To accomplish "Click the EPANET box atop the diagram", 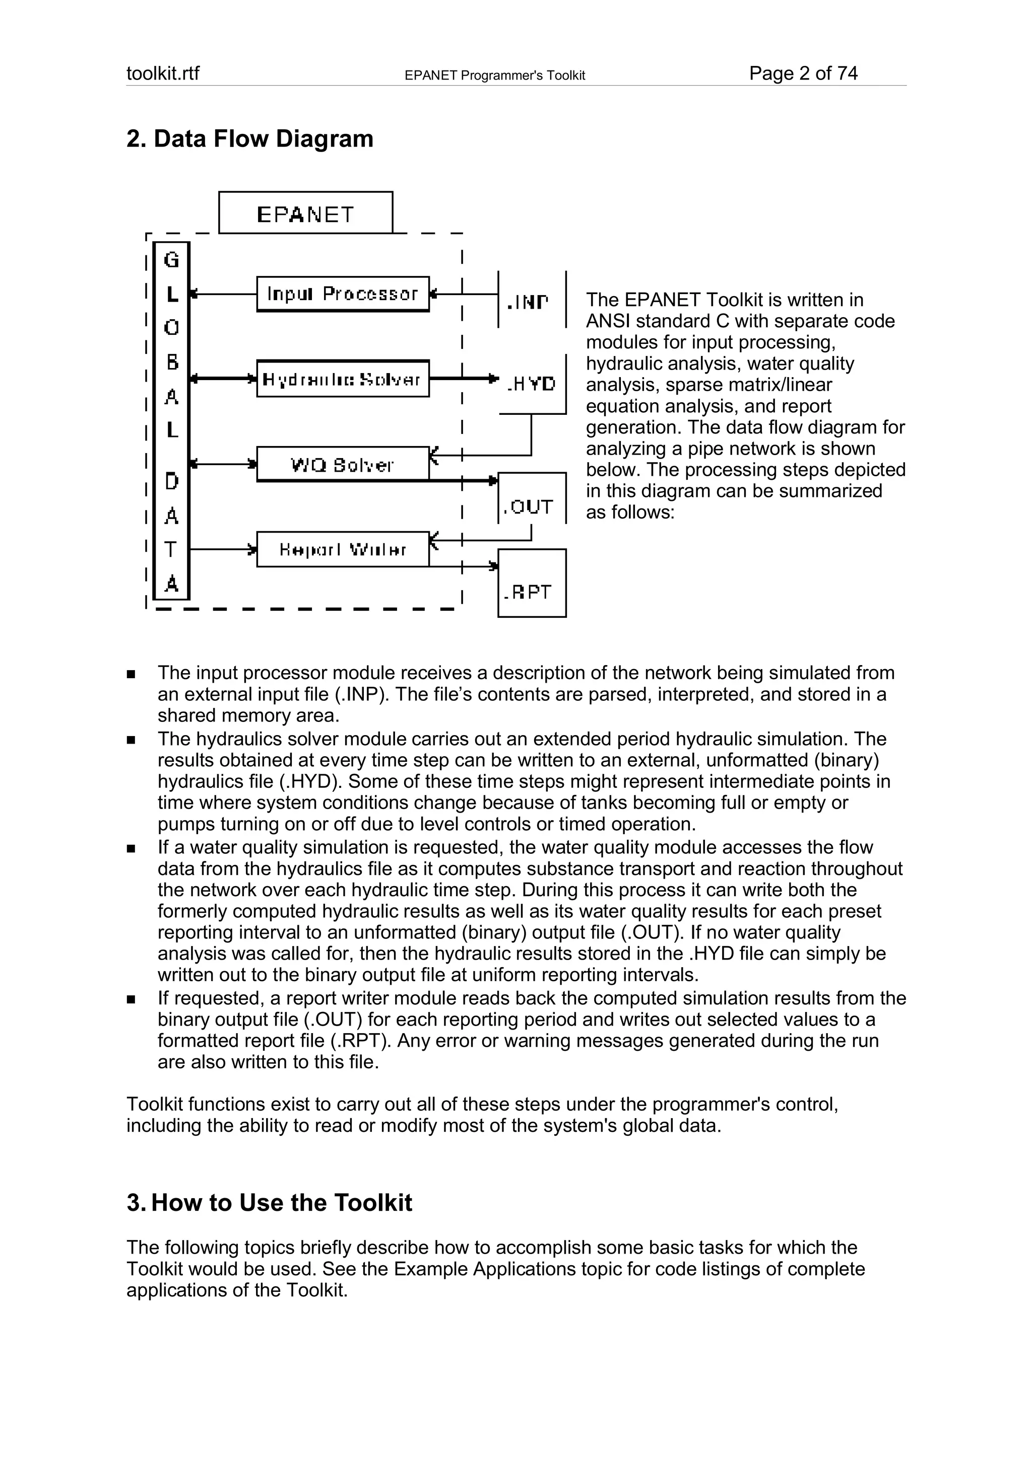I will pos(305,213).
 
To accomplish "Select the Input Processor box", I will pos(343,294).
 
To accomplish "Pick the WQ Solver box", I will pos(343,464).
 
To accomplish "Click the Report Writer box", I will pos(343,549).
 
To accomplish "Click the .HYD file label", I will pos(532,383).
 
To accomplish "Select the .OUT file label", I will pos(529,506).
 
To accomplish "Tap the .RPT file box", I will pos(532,582).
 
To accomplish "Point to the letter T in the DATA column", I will pos(171,549).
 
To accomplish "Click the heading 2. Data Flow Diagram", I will pos(250,138).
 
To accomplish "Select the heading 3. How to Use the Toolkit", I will pos(270,1202).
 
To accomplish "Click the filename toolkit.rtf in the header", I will pos(163,74).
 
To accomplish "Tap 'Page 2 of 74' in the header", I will pos(803,74).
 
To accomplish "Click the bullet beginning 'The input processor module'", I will pos(522,694).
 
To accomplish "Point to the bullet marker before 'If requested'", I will pos(131,999).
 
